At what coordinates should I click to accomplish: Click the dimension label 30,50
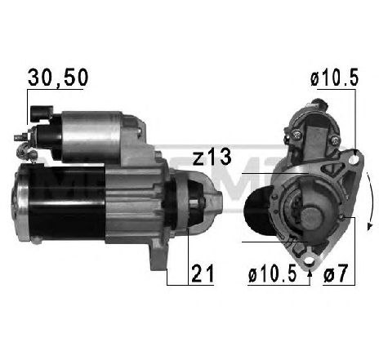point(58,78)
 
